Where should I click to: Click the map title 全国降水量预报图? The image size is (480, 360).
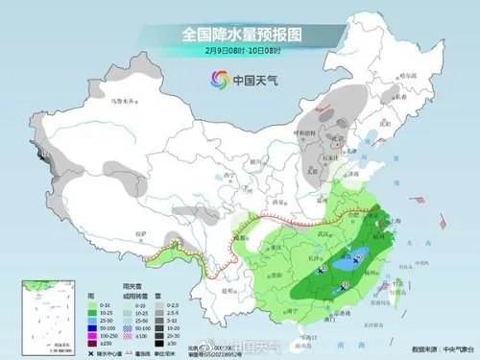coord(240,34)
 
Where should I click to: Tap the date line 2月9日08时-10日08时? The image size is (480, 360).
coord(240,51)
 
